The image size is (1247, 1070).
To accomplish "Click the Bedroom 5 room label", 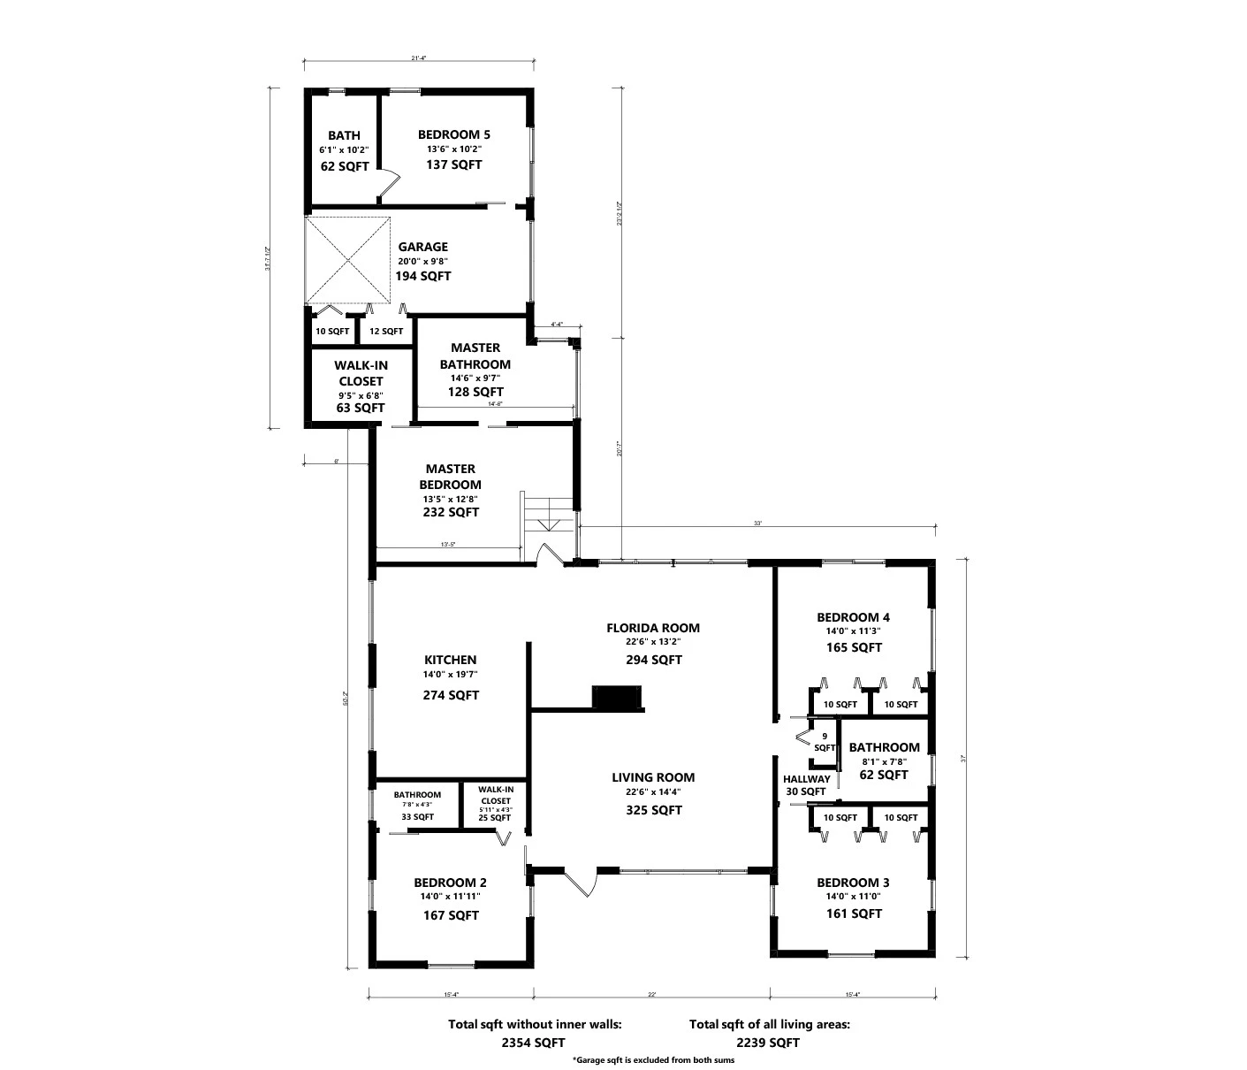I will (453, 134).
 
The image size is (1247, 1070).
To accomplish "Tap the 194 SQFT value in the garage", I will (423, 276).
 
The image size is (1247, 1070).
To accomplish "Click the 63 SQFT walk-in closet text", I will (360, 408).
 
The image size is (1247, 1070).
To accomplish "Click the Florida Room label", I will (652, 628).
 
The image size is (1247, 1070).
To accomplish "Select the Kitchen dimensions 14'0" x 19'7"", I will (450, 675).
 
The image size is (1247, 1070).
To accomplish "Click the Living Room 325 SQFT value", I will (653, 810).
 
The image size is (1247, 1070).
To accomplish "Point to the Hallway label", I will (806, 779).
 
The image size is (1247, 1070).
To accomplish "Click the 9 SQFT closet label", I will (824, 742).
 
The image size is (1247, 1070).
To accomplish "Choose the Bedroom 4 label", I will (853, 617).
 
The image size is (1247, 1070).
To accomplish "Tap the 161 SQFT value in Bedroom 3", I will (853, 913).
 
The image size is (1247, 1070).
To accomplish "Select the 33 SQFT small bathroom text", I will (417, 817).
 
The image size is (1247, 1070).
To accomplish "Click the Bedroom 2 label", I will (450, 883).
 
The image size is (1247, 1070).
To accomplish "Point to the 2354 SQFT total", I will (533, 1043).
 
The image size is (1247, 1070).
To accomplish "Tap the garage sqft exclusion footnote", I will (653, 1059).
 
